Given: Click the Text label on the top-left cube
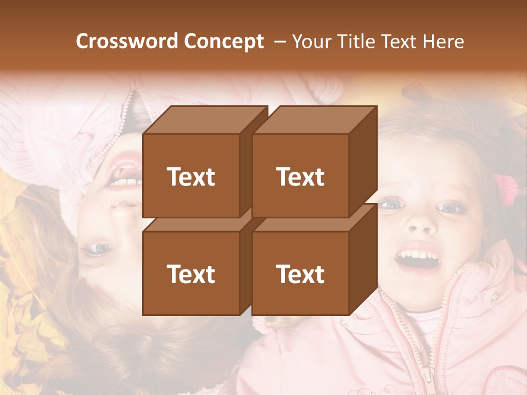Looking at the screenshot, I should (191, 177).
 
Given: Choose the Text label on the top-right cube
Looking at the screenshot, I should (300, 177).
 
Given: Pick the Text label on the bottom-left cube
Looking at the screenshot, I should (191, 274).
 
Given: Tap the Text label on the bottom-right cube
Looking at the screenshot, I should (300, 274).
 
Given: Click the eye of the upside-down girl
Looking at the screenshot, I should (99, 249).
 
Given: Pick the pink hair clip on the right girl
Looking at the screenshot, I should (506, 189).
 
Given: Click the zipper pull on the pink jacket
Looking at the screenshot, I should (427, 374).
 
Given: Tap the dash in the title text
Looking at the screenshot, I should (279, 41).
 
